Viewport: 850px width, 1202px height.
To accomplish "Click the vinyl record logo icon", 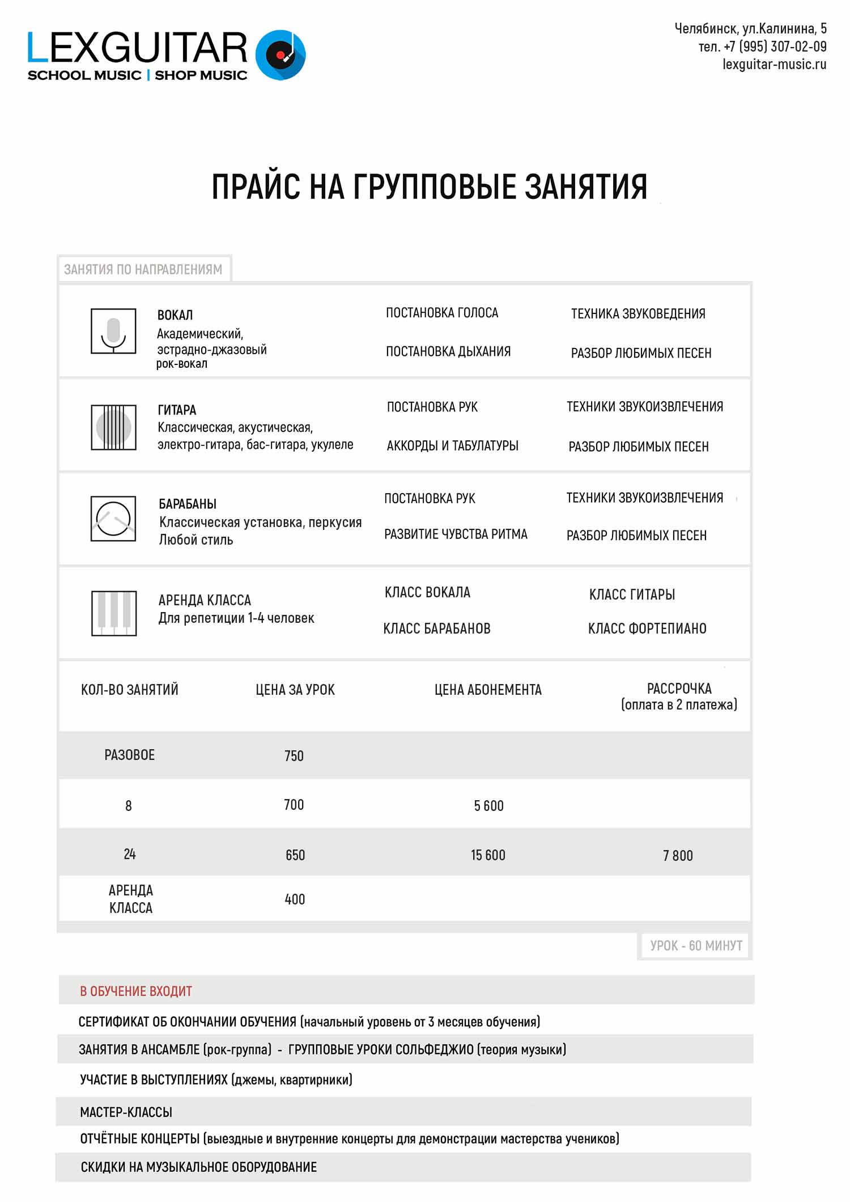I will pos(280,55).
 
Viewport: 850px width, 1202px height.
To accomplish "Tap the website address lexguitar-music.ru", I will pos(774,65).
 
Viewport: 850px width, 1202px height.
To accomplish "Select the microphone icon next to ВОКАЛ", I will pos(113,332).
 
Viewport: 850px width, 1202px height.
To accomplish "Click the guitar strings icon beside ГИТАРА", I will pos(113,427).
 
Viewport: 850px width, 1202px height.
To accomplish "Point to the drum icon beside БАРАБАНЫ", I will pos(113,519).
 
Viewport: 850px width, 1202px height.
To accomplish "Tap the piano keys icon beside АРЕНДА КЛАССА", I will pos(114,613).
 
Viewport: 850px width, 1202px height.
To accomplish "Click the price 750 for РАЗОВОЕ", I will pos(294,755).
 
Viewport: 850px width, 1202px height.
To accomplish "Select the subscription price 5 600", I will pos(488,805).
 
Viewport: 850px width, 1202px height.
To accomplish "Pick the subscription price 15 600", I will pos(488,855).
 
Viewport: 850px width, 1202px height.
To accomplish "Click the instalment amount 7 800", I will pos(678,855).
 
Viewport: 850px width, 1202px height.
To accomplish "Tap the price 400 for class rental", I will pos(295,899).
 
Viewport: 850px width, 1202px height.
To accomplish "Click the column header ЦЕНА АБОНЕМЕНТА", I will pos(488,690).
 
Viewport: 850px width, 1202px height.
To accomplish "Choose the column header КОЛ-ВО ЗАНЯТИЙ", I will pos(130,690).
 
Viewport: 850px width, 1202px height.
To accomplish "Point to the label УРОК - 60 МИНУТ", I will pos(696,945).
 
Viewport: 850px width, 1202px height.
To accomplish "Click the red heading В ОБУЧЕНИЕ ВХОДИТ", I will pos(136,991).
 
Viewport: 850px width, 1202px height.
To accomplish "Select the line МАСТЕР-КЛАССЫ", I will pos(126,1112).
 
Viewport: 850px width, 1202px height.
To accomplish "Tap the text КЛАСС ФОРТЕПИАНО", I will pos(647,628).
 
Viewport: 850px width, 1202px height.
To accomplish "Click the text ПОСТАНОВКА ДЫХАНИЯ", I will pos(448,351).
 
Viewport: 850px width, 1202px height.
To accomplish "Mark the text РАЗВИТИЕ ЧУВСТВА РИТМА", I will pos(456,534).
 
